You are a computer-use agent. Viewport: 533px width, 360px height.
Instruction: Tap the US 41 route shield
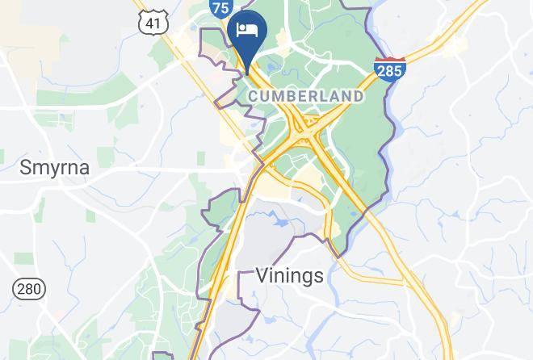pyautogui.click(x=152, y=23)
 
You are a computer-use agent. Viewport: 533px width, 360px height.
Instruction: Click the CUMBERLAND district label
pyautogui.click(x=305, y=96)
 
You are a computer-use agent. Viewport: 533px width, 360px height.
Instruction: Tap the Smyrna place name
pyautogui.click(x=55, y=168)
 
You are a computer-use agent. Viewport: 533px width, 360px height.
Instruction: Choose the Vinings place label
pyautogui.click(x=289, y=275)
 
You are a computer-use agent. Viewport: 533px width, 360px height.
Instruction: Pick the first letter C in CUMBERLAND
pyautogui.click(x=253, y=96)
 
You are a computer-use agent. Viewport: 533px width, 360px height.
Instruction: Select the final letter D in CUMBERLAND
pyautogui.click(x=358, y=96)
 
